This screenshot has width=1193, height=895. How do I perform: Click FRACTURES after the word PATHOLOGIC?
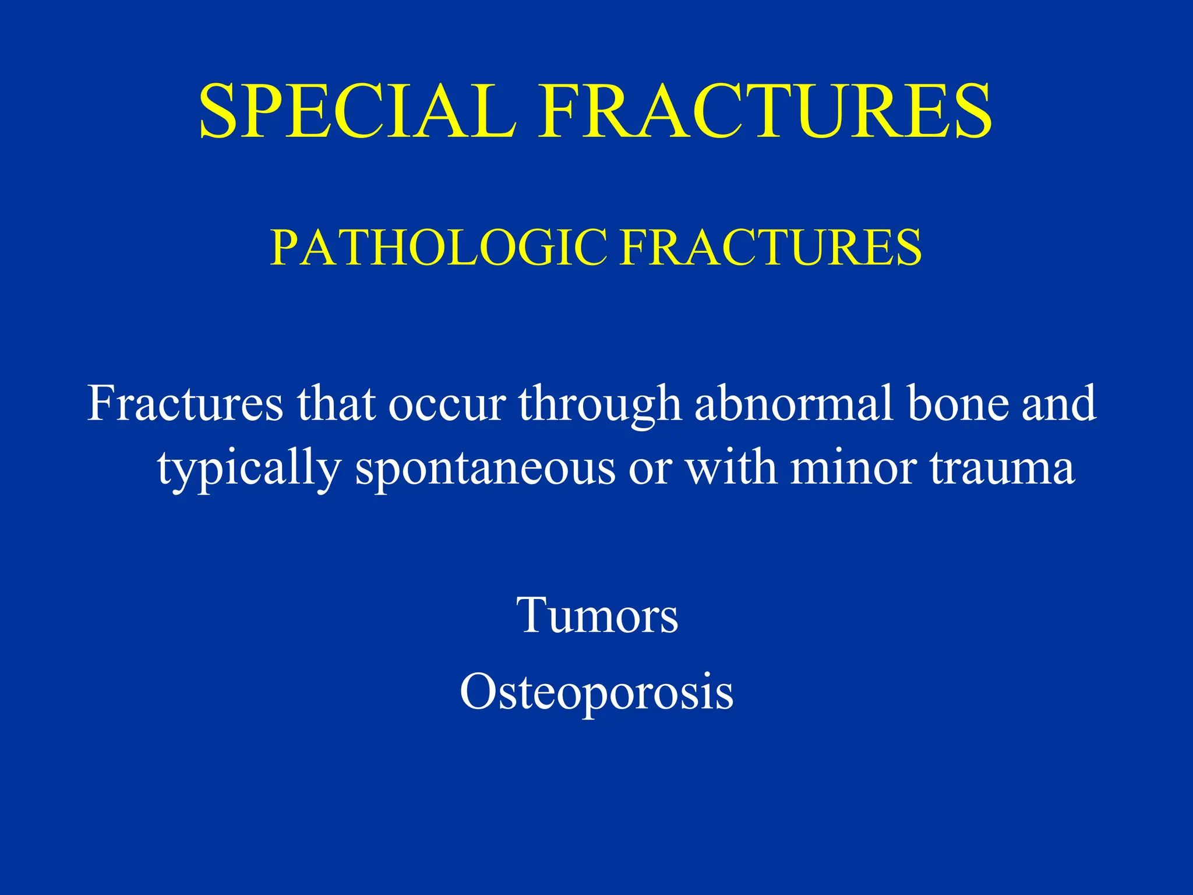point(770,248)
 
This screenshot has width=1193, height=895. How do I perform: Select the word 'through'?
point(600,405)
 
